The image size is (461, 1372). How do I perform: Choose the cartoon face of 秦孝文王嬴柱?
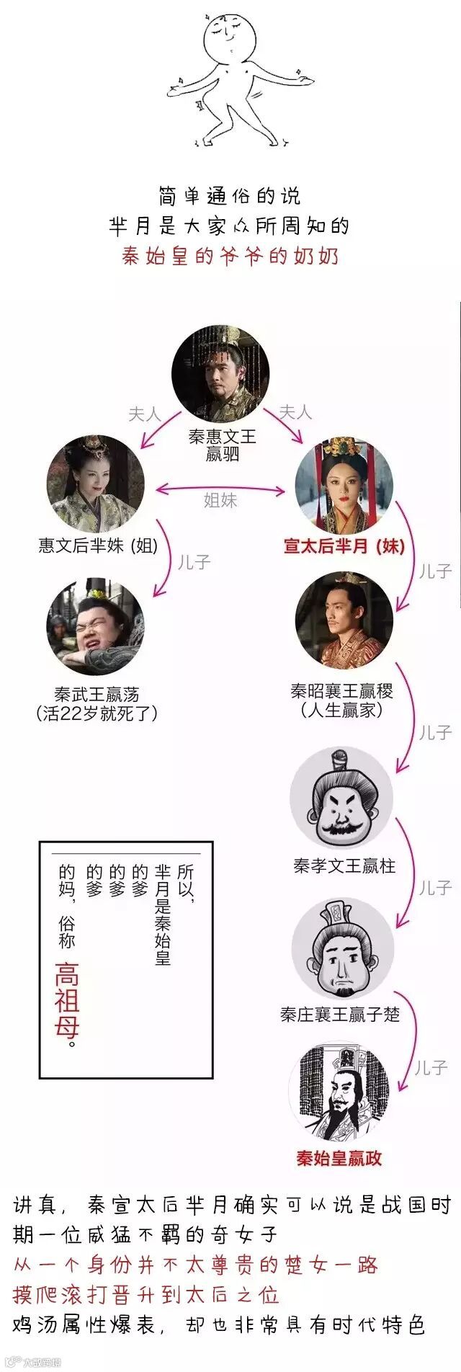click(x=341, y=798)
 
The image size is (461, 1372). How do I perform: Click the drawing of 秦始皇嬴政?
click(x=339, y=1092)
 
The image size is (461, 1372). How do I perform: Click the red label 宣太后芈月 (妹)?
click(x=344, y=545)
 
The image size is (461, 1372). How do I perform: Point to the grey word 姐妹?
click(x=220, y=500)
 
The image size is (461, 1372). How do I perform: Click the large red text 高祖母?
click(x=67, y=998)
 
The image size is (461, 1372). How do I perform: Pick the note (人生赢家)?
click(x=341, y=710)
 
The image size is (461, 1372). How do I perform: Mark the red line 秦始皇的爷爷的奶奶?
click(x=230, y=257)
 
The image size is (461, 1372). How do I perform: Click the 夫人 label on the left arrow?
click(x=144, y=414)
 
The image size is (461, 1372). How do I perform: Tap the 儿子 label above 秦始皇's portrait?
click(x=431, y=1068)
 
